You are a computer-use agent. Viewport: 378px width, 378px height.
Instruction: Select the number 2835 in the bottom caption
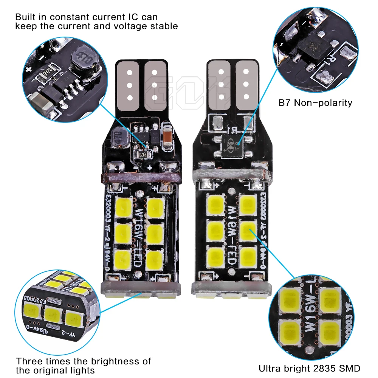(x=323, y=368)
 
